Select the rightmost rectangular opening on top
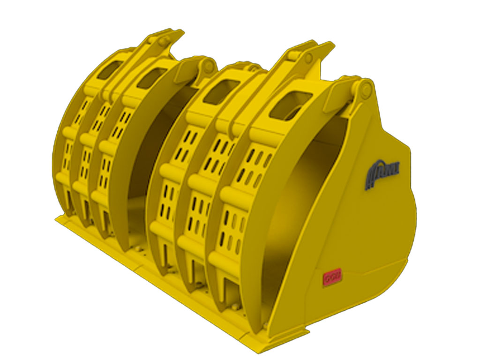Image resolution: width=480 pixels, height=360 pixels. point(290,106)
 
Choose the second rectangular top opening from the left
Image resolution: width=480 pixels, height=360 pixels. point(151,77)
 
